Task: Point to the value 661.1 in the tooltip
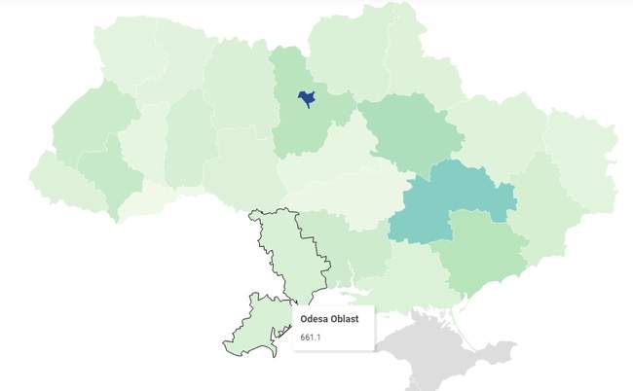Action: pos(311,338)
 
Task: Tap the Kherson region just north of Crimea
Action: pos(414,277)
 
